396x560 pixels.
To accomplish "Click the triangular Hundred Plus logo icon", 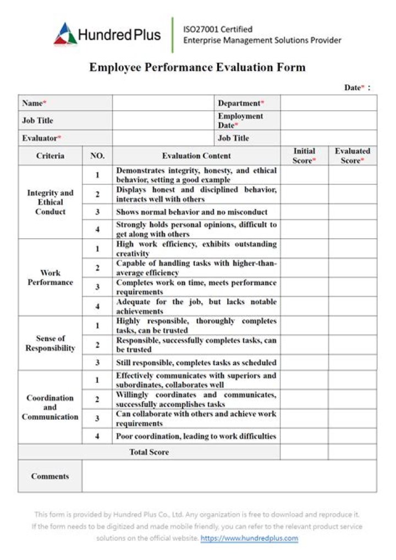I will coord(65,35).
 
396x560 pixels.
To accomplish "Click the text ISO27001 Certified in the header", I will coord(218,29).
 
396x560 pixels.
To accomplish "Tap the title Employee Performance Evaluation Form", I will coord(197,68).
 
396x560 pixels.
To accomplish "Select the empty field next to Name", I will coord(163,103).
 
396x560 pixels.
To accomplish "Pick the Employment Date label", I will coord(240,120).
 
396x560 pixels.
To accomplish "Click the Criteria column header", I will coord(50,156).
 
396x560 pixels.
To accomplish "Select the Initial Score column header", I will coord(304,156).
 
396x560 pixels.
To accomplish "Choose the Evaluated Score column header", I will coord(352,156).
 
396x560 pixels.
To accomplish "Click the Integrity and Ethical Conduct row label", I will coord(50,202).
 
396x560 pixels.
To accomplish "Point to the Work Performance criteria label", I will coord(50,277).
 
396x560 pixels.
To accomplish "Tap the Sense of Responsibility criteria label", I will coord(50,343).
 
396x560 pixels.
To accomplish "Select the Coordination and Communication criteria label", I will coord(50,407).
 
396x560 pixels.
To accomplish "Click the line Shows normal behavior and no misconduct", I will coord(192,212).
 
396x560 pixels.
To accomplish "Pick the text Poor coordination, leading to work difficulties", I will coord(196,436).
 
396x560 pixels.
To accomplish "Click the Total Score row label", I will coord(149,452).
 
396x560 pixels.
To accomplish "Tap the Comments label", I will coord(50,476).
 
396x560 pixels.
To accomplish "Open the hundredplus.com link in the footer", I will coord(249,538).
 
